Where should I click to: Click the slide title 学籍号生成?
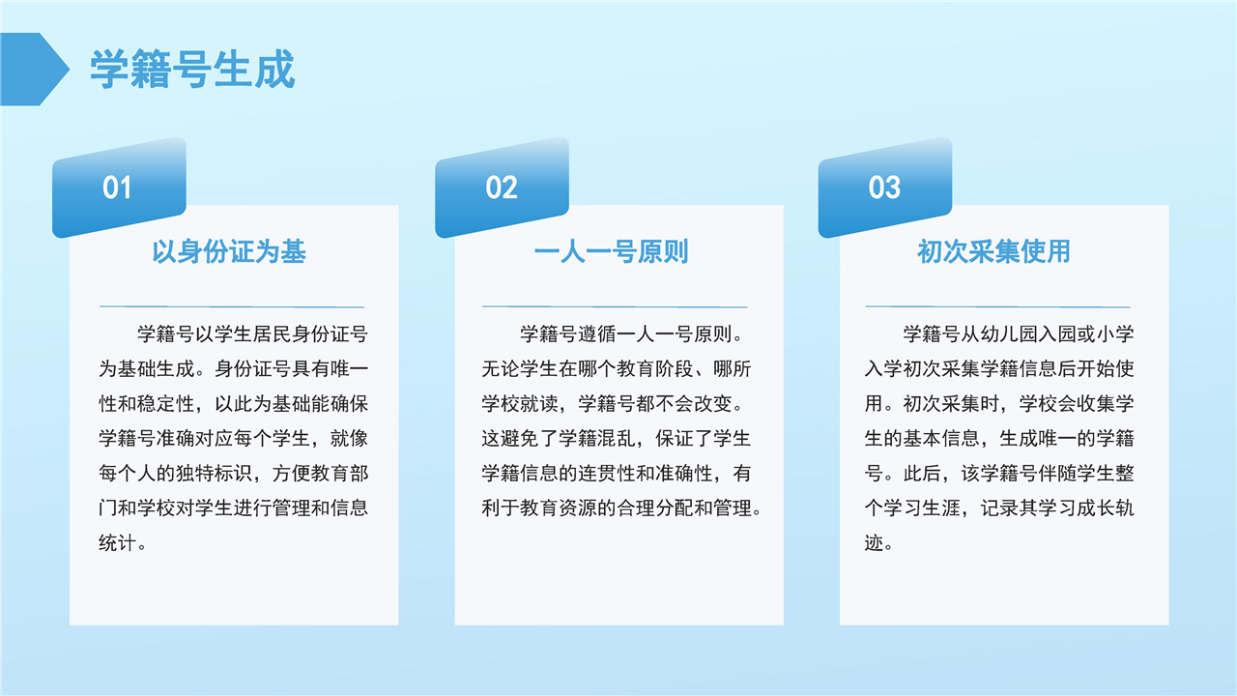[x=192, y=69]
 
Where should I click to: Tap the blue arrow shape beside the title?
[x=34, y=69]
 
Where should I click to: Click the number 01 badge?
[x=119, y=188]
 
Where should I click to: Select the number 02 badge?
[x=502, y=188]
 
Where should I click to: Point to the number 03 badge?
[x=884, y=188]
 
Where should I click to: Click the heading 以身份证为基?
[x=229, y=251]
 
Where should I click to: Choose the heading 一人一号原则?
[x=612, y=251]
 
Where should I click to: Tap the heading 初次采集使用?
[x=994, y=251]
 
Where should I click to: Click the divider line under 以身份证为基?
[x=232, y=306]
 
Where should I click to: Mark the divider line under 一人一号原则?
[x=615, y=306]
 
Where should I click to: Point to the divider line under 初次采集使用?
[x=998, y=306]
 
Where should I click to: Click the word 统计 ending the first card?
[x=118, y=543]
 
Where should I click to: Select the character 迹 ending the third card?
[x=875, y=543]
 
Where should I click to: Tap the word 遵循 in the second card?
[x=596, y=333]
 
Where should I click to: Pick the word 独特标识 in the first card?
[x=215, y=473]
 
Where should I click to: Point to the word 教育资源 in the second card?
[x=559, y=507]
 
